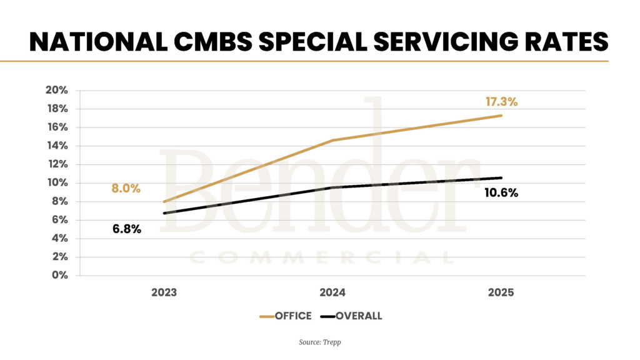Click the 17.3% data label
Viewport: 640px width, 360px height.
(x=501, y=102)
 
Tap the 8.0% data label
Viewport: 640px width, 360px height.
(x=126, y=188)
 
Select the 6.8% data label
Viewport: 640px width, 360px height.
(x=127, y=229)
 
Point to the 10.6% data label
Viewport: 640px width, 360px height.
(x=501, y=193)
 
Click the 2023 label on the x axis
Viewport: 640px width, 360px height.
(x=164, y=292)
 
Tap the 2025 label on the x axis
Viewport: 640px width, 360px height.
(x=501, y=292)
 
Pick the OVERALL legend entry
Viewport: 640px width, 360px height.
(x=358, y=316)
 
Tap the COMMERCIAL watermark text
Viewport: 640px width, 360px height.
(x=321, y=257)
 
